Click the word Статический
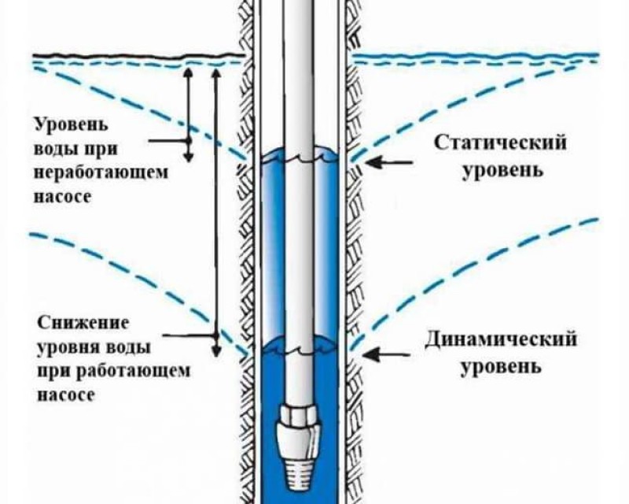click(501, 143)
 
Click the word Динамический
click(501, 340)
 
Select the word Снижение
click(73, 323)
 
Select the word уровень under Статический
click(501, 170)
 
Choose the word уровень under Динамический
click(501, 366)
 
